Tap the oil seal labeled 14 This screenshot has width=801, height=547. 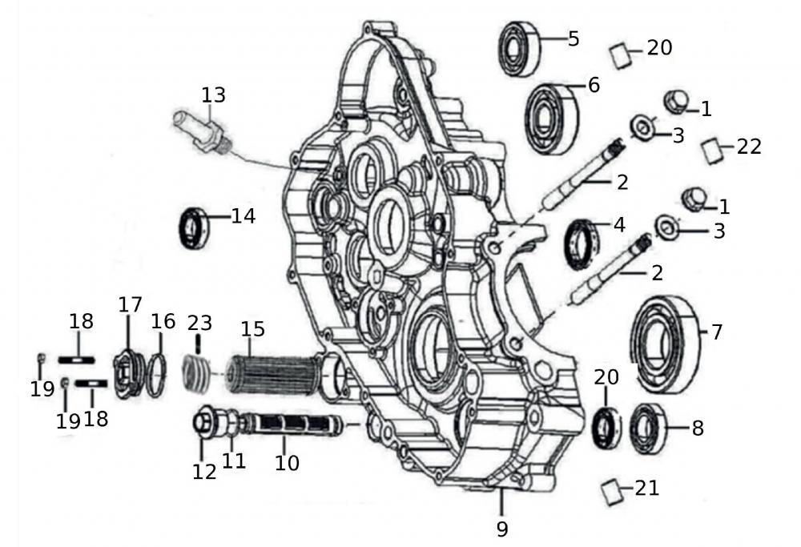[193, 227]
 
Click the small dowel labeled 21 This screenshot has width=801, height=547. [611, 491]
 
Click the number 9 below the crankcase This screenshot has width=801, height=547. [501, 529]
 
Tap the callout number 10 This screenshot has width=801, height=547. [287, 462]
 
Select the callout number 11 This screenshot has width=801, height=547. [233, 461]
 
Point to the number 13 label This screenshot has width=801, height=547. [213, 95]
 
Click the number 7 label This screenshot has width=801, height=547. [716, 331]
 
